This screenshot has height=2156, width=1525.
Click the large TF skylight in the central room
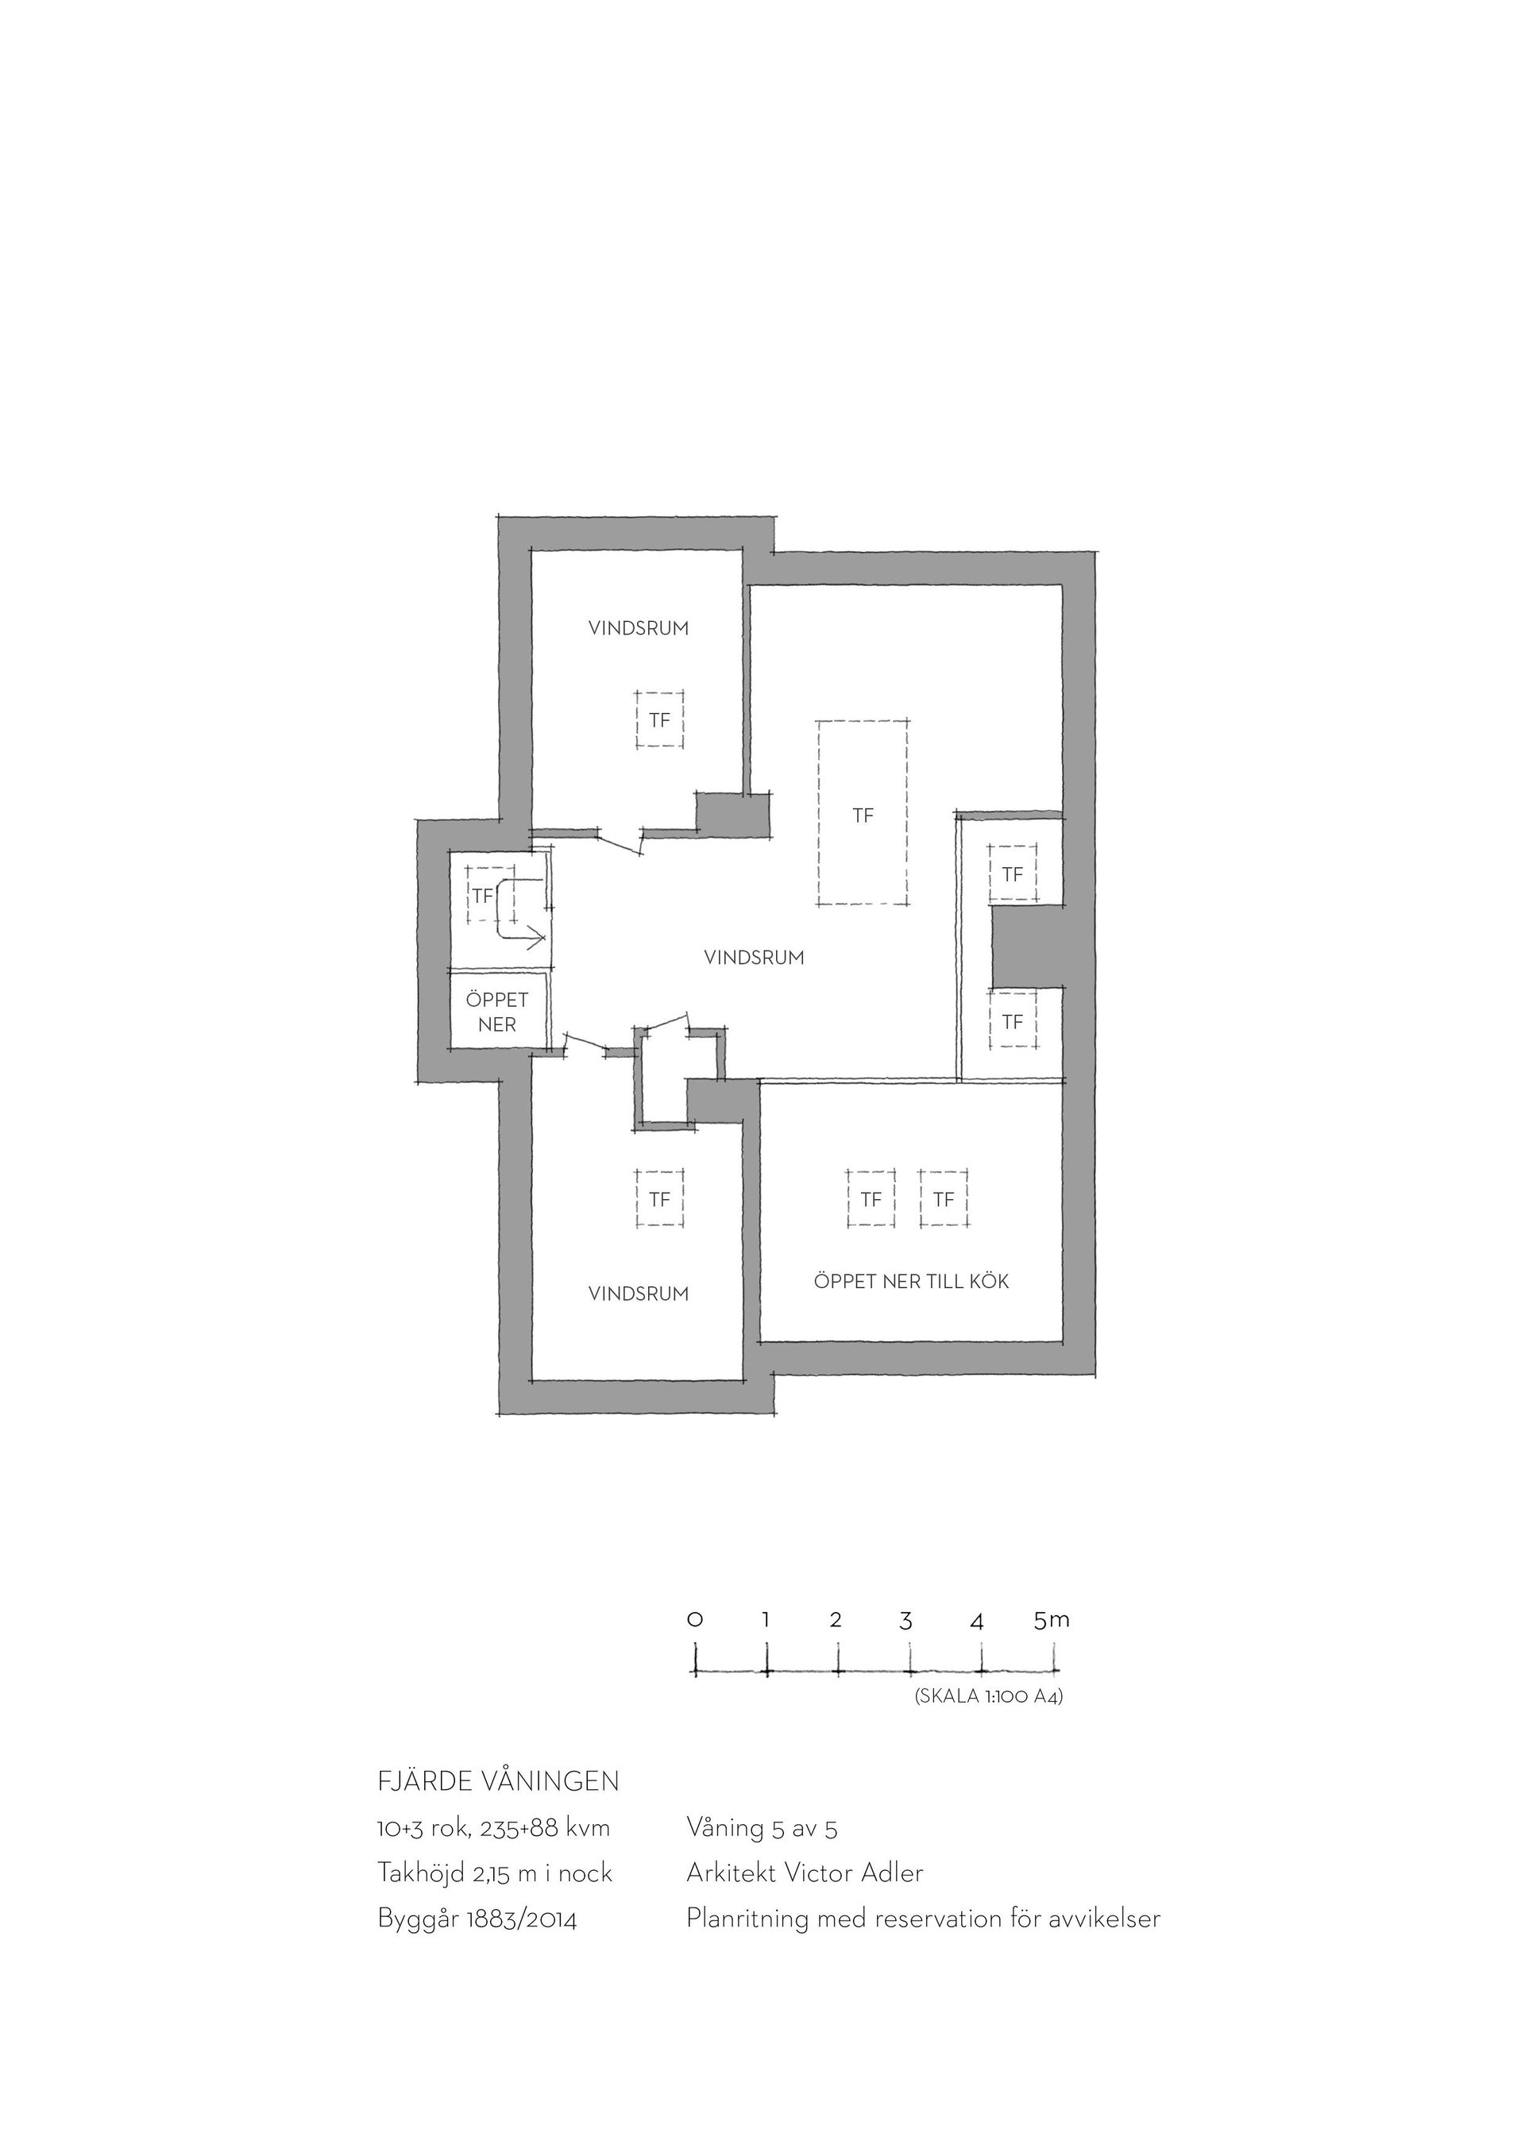pos(862,813)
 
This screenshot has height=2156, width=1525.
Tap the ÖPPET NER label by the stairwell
pos(496,1012)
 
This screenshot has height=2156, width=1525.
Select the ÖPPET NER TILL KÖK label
pos(911,1282)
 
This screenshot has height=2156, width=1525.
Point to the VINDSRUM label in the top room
pos(639,628)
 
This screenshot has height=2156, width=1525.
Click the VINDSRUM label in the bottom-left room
pos(639,1293)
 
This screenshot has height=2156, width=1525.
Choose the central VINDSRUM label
pos(754,958)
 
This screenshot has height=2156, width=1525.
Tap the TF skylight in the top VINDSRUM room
pos(659,719)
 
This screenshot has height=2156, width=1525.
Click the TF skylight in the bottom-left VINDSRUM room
pos(659,1199)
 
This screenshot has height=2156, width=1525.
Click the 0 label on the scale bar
pos(695,1620)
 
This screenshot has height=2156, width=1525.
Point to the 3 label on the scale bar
pos(906,1621)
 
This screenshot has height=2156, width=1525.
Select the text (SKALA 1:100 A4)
pos(989,1697)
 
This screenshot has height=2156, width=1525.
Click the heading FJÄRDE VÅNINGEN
pos(498,1780)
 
